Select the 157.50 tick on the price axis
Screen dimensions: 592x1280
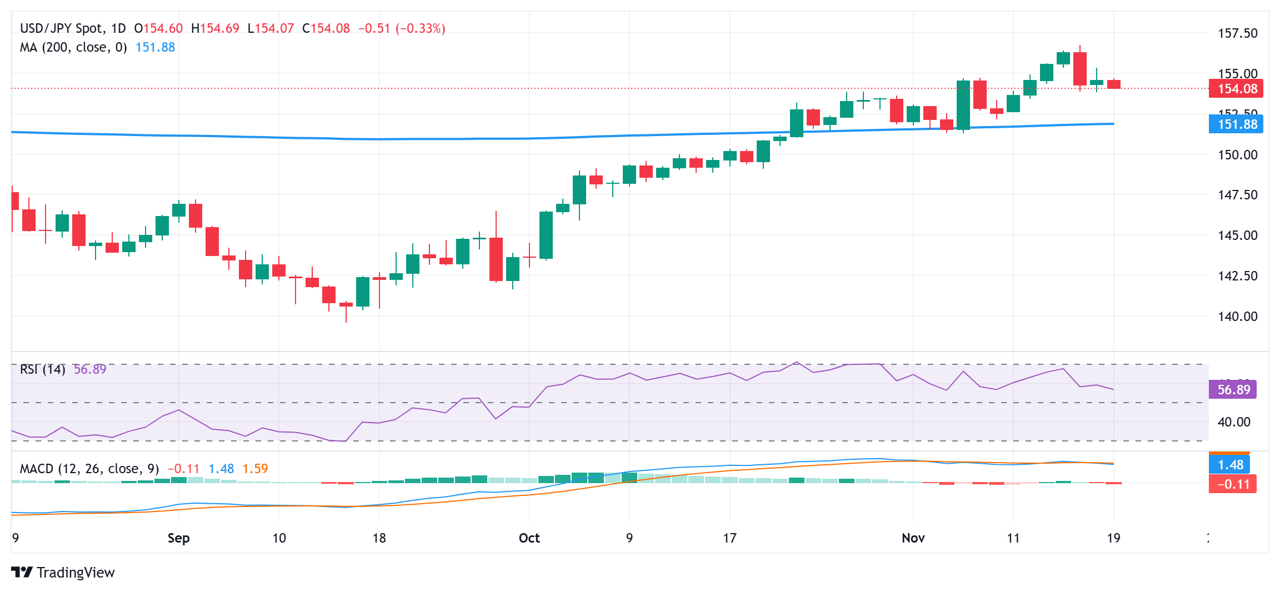(x=1237, y=33)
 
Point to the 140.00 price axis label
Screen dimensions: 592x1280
(x=1237, y=317)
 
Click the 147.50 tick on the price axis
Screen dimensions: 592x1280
(x=1237, y=195)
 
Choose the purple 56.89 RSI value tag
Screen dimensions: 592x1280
(x=1233, y=390)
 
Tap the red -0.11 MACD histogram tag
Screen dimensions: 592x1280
(x=1233, y=484)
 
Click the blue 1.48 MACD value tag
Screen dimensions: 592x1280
(x=1229, y=465)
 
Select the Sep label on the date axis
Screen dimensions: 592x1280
(x=178, y=538)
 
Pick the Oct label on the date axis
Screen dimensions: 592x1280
(x=529, y=538)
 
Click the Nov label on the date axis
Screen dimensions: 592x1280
(x=913, y=538)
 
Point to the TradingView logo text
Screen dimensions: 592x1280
(x=75, y=573)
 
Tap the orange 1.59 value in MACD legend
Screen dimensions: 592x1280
(x=255, y=469)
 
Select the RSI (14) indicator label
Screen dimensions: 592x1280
(x=43, y=369)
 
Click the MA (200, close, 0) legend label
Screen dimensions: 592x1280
(x=73, y=48)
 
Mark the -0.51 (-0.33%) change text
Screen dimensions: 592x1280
(x=401, y=28)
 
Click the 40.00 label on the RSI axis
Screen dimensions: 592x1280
(x=1234, y=422)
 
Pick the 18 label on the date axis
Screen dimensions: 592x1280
(x=379, y=538)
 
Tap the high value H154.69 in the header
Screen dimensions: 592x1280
(x=215, y=28)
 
